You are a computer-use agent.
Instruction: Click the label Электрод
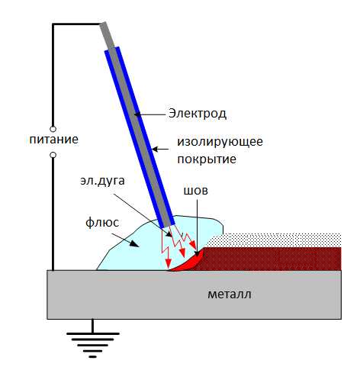[198, 114]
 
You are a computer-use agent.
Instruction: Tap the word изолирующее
[220, 141]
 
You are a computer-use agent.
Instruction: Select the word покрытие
[207, 159]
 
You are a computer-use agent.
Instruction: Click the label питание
[54, 140]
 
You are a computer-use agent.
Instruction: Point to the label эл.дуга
[102, 181]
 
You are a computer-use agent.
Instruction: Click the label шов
[195, 190]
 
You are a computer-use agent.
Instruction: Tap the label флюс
[102, 223]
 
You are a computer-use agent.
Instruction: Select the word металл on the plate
[230, 294]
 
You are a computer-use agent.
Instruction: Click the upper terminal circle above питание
[53, 129]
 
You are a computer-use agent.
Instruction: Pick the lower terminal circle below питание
[53, 155]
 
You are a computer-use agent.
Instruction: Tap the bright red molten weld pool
[189, 262]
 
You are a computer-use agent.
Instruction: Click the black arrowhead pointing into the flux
[134, 243]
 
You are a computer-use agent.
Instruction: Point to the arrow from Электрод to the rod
[150, 114]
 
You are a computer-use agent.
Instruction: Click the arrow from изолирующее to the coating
[161, 149]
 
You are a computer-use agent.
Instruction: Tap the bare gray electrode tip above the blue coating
[108, 35]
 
